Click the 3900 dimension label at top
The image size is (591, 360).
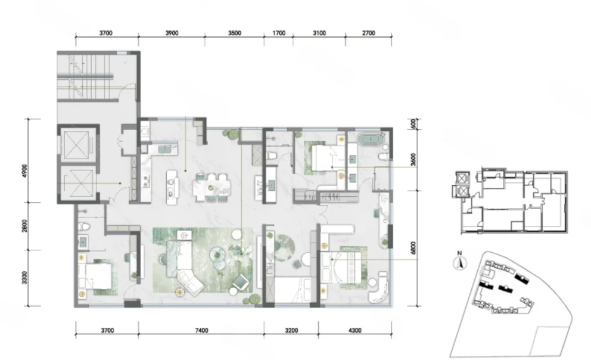click(x=172, y=33)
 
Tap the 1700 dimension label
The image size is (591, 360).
click(x=279, y=33)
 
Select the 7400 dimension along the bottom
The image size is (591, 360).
click(x=201, y=331)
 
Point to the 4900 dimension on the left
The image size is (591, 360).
click(x=24, y=171)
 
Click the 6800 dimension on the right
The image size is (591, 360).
click(x=414, y=248)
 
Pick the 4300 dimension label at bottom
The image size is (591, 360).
click(x=354, y=331)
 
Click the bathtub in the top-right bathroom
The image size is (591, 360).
click(x=371, y=139)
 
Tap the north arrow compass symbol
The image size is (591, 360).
click(x=459, y=263)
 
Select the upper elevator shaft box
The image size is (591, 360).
click(x=79, y=144)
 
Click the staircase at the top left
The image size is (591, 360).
click(x=85, y=77)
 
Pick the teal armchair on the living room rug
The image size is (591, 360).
click(x=241, y=281)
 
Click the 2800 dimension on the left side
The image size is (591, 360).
click(x=24, y=226)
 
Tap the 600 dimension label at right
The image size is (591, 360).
click(x=414, y=123)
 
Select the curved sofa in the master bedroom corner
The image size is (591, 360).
click(x=380, y=288)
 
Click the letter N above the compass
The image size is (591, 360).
click(x=459, y=253)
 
